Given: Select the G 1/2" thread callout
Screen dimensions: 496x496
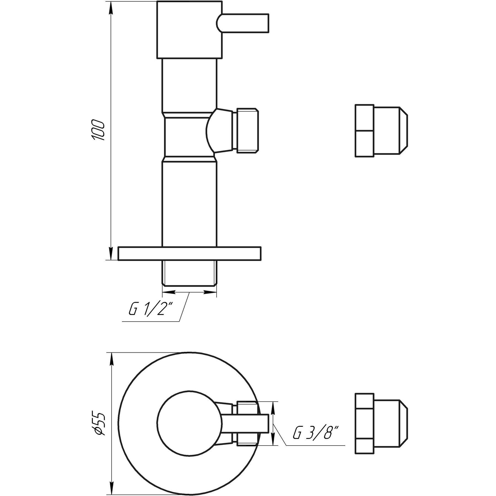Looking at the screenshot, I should [150, 311].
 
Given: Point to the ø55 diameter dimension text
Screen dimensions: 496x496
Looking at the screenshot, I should [98, 425].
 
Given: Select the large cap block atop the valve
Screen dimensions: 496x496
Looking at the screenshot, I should [189, 30].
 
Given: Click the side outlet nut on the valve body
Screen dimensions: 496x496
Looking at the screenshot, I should [246, 130].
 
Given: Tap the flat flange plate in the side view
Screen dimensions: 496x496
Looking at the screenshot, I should [189, 253].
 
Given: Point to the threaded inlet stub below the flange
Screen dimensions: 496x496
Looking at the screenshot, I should [189, 274].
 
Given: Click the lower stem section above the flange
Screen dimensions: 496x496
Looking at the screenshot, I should [189, 204].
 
